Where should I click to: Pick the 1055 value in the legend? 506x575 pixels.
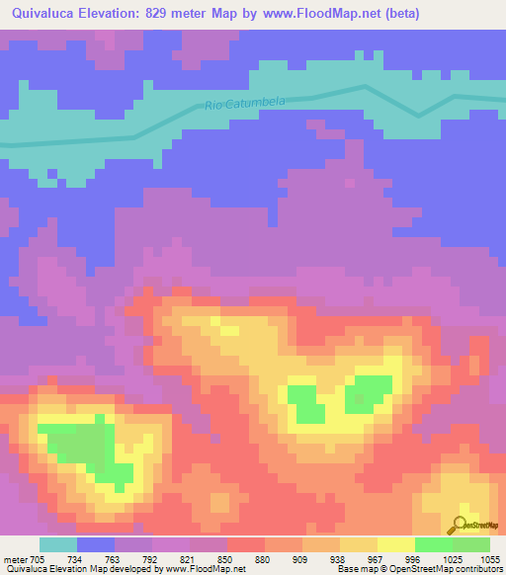tap(491, 558)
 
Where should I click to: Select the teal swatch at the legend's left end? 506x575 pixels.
tap(57, 544)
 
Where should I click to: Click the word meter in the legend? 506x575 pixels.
tap(14, 558)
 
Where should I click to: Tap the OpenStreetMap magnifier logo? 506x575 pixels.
tap(460, 525)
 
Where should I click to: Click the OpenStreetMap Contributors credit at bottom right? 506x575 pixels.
tap(456, 569)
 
